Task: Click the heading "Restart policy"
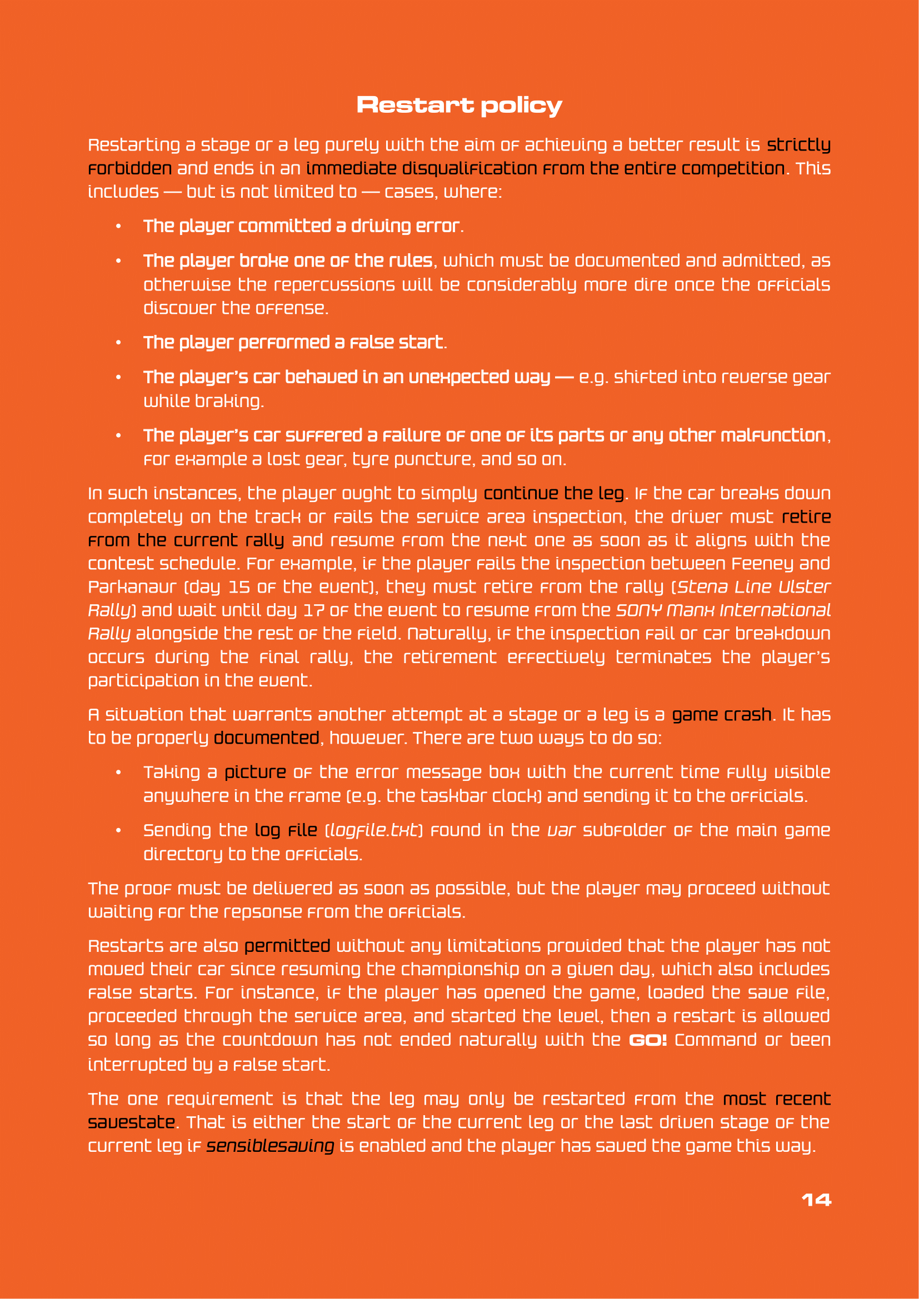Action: tap(459, 105)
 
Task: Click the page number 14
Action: tap(816, 1200)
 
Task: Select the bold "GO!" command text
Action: tap(648, 1040)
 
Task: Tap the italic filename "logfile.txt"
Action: tap(374, 830)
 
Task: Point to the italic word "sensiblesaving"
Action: tap(270, 1146)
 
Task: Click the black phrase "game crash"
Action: tap(722, 715)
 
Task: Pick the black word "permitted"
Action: tap(287, 946)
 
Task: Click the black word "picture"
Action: tap(255, 773)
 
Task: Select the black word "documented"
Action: tap(267, 738)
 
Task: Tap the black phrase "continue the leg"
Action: tap(553, 493)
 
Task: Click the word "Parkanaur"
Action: tap(132, 586)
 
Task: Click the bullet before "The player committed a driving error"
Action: tap(118, 227)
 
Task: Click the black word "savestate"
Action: tap(131, 1122)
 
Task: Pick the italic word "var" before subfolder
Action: tap(561, 830)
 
